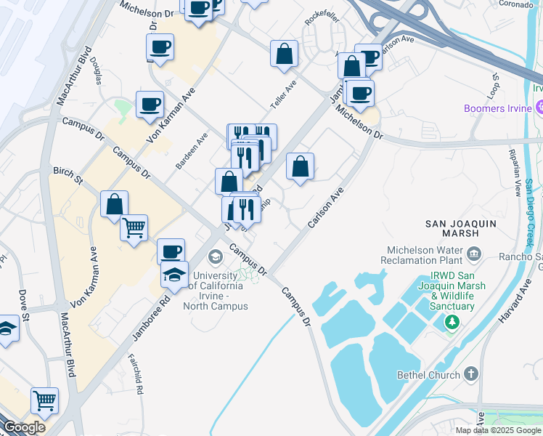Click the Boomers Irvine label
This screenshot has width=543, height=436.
(x=497, y=109)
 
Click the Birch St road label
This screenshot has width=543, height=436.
(x=68, y=175)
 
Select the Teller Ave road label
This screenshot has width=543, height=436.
(x=283, y=94)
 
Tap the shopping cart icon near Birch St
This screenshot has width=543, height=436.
(x=134, y=228)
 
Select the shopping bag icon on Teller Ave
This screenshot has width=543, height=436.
(x=285, y=54)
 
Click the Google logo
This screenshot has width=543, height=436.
(x=24, y=427)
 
